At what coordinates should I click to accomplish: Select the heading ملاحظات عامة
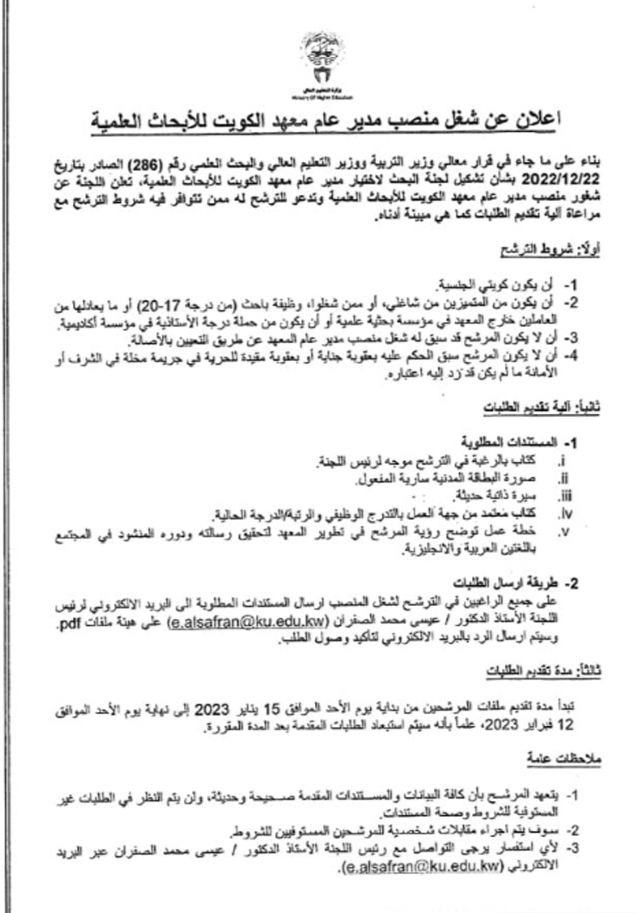point(564,759)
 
